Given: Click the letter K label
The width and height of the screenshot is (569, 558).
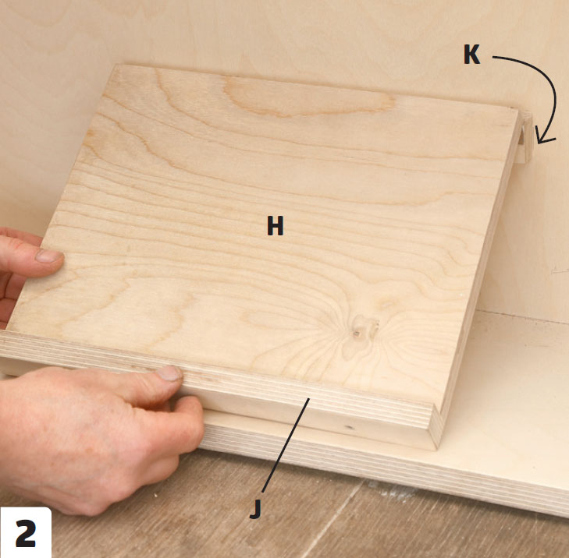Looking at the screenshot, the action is coord(471,55).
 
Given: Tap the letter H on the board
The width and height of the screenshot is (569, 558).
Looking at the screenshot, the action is coord(275,225).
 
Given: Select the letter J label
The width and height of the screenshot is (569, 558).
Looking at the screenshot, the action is coord(256,509).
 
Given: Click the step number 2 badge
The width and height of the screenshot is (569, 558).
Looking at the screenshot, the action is coord(26,532).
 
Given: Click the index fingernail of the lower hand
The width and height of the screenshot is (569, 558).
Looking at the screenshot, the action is coord(169,373).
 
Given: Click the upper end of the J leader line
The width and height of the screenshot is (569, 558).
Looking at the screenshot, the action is coord(309,398).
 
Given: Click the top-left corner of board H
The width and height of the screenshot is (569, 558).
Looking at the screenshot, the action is coord(116,65).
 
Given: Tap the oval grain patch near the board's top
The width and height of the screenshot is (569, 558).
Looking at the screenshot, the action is coord(308,96).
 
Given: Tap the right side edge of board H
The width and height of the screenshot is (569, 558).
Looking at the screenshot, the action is coord(479,275).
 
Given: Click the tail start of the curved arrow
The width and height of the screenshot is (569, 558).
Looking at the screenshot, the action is coord(493,57).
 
